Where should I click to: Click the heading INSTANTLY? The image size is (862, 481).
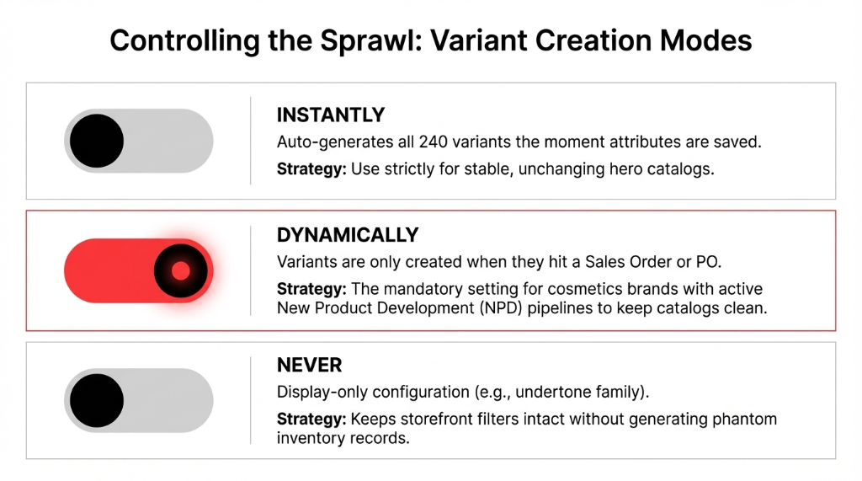(330, 115)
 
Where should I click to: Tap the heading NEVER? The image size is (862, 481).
(309, 366)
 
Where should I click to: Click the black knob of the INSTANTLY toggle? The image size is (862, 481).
(97, 141)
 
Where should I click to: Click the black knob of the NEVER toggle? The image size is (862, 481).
(97, 400)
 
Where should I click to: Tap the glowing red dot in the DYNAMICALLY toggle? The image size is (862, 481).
(180, 270)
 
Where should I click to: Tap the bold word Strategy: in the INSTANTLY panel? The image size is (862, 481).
(311, 169)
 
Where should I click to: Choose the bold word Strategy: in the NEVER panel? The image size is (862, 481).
(311, 419)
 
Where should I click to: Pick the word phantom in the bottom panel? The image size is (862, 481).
(748, 419)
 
